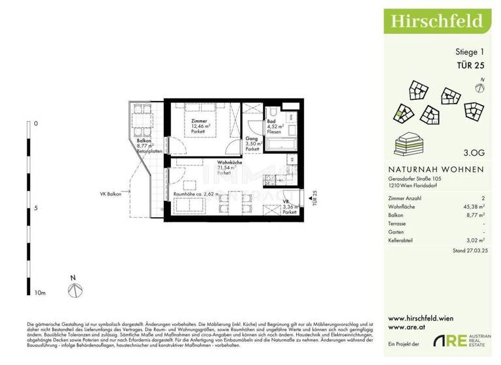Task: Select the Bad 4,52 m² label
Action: (x=274, y=127)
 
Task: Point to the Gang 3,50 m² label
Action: (x=252, y=145)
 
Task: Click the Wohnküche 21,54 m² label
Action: (x=225, y=168)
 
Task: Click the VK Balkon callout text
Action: (x=112, y=194)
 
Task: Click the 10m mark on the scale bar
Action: (x=40, y=294)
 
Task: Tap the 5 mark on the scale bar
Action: (x=36, y=208)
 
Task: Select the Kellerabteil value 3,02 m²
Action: (x=474, y=240)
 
